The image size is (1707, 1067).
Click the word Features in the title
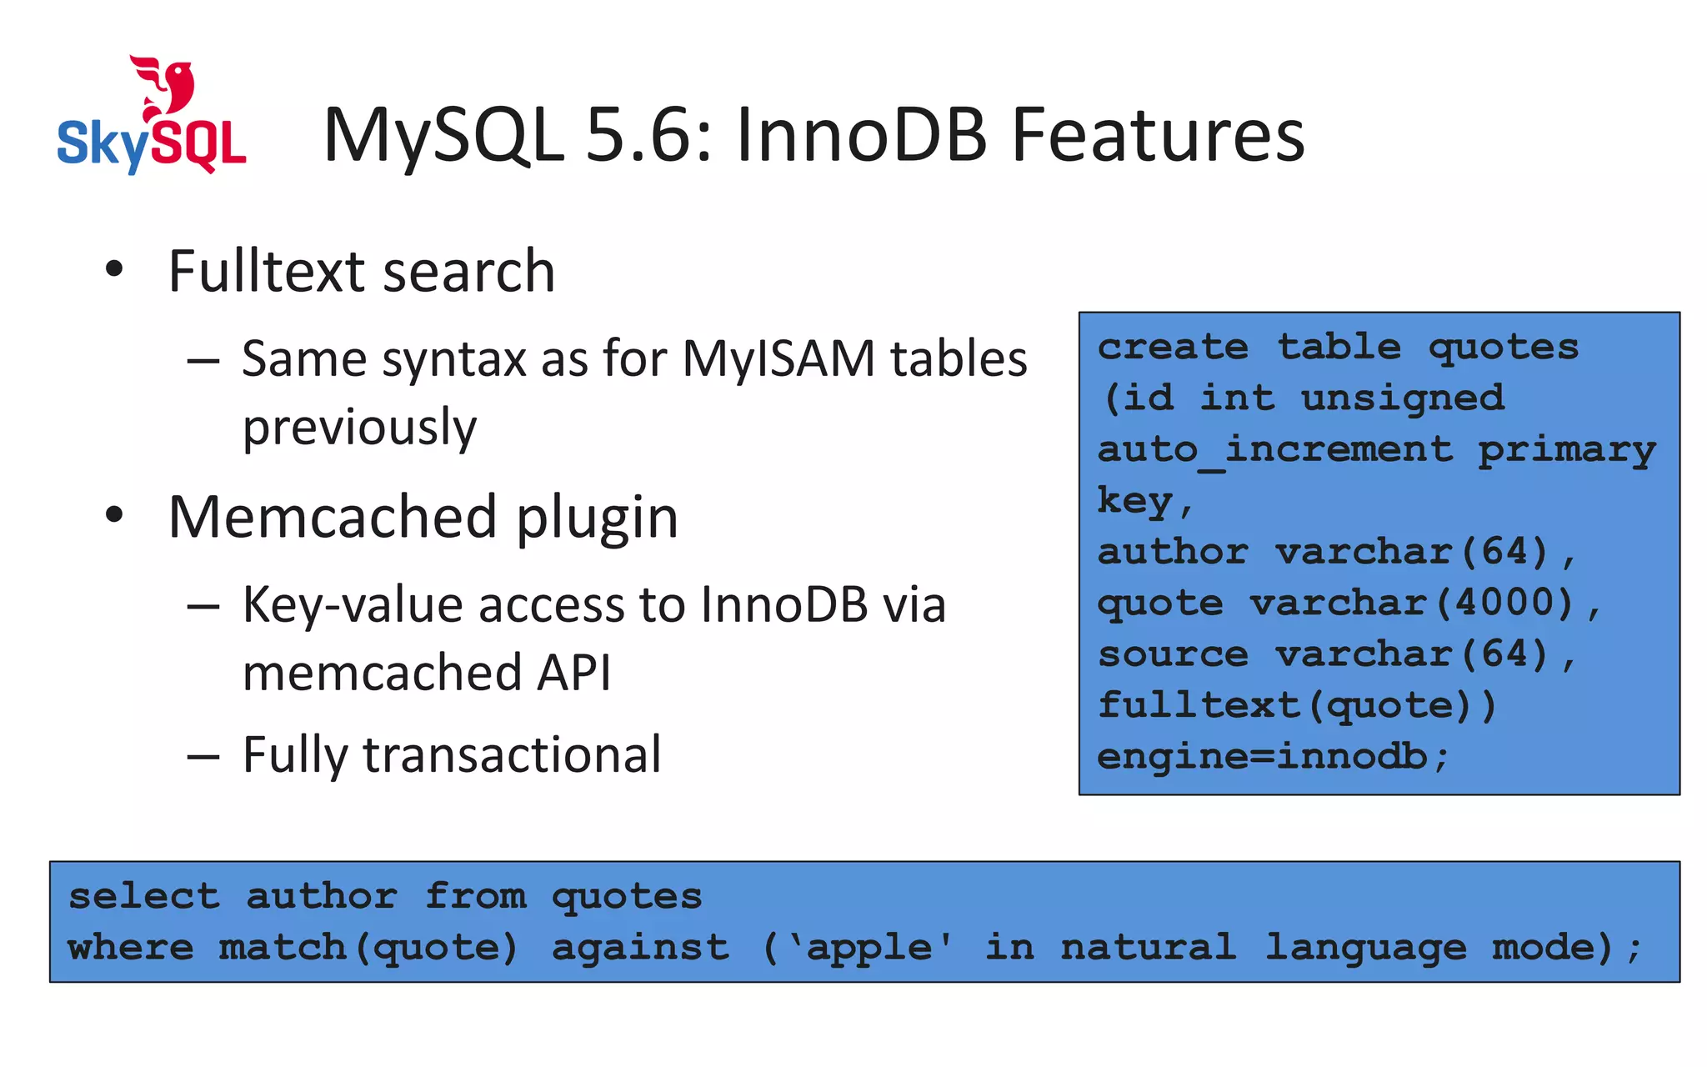[1158, 136]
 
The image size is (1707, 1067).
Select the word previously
[359, 428]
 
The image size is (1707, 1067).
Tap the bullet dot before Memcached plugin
[114, 515]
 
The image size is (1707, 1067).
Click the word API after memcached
[573, 673]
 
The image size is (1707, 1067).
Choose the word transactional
[512, 754]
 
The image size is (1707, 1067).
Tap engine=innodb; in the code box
[1272, 757]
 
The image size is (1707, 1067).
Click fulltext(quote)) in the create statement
[1297, 706]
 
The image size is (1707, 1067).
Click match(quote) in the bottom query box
[368, 949]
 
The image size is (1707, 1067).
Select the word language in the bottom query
[1366, 949]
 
